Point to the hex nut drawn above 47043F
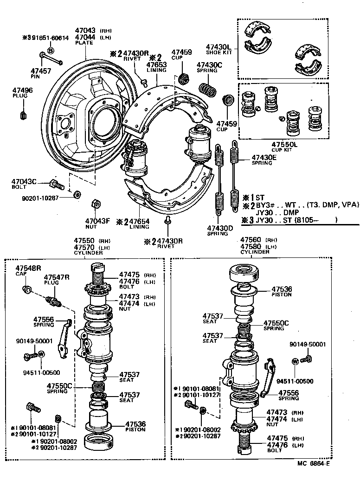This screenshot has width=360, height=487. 94,203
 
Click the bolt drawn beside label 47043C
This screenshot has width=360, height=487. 57,185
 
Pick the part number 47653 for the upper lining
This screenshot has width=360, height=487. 156,65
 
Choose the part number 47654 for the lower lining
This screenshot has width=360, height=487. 139,222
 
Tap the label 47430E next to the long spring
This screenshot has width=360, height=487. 264,157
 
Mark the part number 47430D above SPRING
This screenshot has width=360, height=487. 218,228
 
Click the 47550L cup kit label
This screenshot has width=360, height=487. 284,144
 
